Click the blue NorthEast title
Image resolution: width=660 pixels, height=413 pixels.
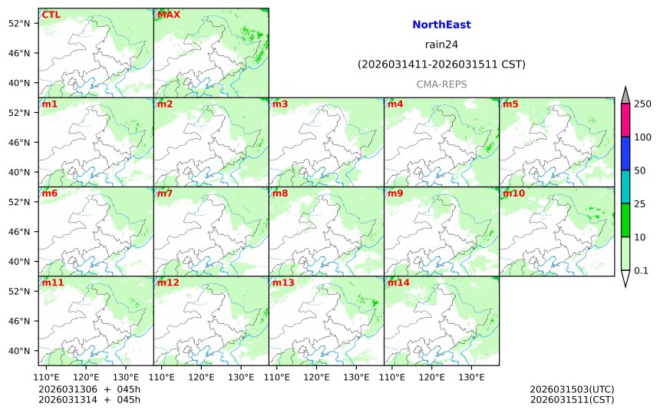coord(441,25)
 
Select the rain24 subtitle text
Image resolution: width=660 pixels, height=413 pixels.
coord(441,45)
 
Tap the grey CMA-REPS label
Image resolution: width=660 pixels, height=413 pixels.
coord(441,84)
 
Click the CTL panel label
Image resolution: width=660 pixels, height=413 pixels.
coord(51,15)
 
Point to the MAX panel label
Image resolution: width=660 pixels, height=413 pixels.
coord(168,15)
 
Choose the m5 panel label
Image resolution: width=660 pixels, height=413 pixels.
coord(510,104)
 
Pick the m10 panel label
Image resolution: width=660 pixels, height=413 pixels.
coord(513,193)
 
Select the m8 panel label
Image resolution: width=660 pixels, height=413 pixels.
coord(280,193)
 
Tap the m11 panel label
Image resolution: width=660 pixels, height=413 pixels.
coord(53,282)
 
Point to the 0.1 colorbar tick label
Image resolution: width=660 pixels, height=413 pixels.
coord(641,270)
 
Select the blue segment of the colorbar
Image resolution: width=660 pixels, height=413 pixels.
coord(625,154)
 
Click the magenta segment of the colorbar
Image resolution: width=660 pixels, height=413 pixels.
coord(625,121)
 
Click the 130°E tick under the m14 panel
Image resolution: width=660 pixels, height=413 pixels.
coord(471,377)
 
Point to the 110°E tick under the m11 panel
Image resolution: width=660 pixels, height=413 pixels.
coord(47,377)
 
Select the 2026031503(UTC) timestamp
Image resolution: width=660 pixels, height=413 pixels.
coord(572,390)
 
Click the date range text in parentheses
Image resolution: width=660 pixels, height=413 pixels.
coord(441,64)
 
